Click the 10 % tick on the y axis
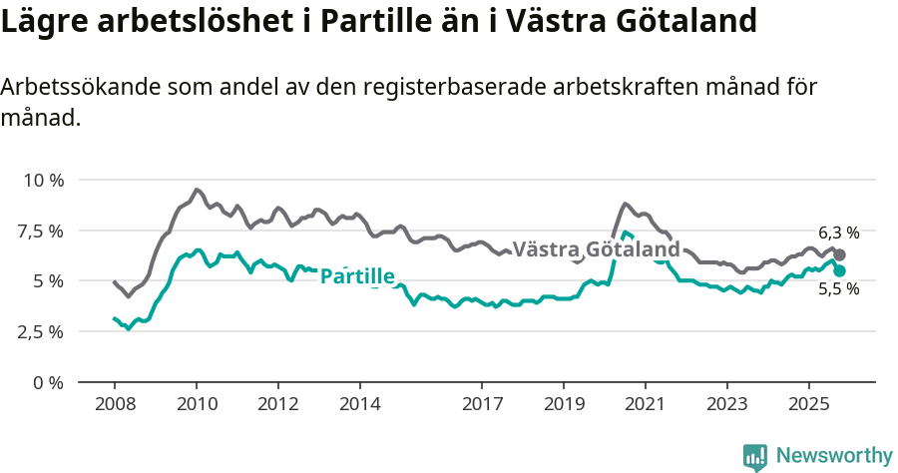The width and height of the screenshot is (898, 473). coord(43,181)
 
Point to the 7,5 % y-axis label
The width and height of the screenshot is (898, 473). coord(41,231)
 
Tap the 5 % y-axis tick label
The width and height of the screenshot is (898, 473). coord(49,281)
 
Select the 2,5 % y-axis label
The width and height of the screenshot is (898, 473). coord(41,331)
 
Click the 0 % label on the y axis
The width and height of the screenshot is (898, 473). coord(49,382)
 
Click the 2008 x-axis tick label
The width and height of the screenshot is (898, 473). coord(115,406)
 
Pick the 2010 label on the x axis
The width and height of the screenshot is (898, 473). coord(197,406)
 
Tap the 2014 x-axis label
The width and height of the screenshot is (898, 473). coord(359,406)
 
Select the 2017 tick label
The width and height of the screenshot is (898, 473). coord(482,406)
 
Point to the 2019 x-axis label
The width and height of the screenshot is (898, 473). coord(564,406)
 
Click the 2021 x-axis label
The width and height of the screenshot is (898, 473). coord(646,406)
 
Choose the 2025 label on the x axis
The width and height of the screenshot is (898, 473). coord(808,406)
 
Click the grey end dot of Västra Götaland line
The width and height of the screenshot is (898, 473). coord(839,255)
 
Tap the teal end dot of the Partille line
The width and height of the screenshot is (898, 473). coord(839,270)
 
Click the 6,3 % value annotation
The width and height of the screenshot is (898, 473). coord(838,233)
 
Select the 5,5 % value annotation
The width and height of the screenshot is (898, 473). coord(838,290)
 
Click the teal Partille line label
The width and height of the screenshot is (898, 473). coord(357,276)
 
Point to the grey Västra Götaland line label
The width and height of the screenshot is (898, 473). coord(596,248)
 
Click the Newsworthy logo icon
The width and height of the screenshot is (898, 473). coord(755,457)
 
